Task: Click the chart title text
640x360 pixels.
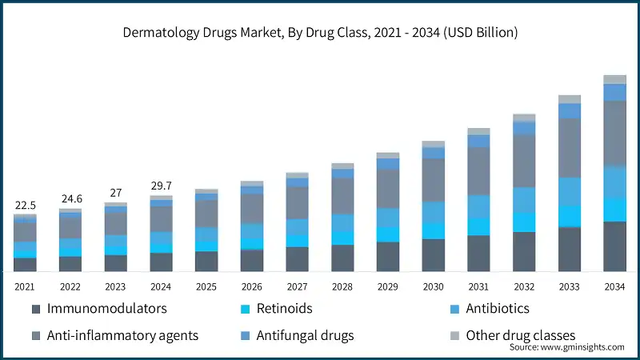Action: pyautogui.click(x=320, y=33)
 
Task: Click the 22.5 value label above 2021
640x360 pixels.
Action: pyautogui.click(x=25, y=206)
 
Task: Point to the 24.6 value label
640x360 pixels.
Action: pyautogui.click(x=70, y=199)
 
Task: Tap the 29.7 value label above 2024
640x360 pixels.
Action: pyautogui.click(x=161, y=186)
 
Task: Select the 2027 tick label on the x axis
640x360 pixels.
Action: pyautogui.click(x=297, y=287)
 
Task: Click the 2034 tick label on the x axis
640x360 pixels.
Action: pyautogui.click(x=614, y=287)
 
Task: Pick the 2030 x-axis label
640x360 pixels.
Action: pyautogui.click(x=433, y=287)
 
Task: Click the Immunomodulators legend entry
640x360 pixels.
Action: pyautogui.click(x=106, y=309)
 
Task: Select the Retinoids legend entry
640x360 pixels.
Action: pyautogui.click(x=283, y=309)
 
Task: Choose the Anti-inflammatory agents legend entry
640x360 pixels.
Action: pyautogui.click(x=122, y=335)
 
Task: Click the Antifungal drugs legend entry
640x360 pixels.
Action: pyautogui.click(x=304, y=335)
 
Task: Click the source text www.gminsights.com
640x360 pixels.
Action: pyautogui.click(x=566, y=347)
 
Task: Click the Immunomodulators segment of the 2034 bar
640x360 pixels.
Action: pyautogui.click(x=614, y=246)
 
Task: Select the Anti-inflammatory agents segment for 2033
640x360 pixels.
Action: pyautogui.click(x=569, y=148)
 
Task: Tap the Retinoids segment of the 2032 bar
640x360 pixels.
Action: pyautogui.click(x=524, y=222)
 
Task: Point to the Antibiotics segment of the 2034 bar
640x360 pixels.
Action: pyautogui.click(x=614, y=182)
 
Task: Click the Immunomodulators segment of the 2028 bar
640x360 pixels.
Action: pyautogui.click(x=342, y=258)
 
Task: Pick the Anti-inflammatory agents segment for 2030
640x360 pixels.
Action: pyautogui.click(x=433, y=180)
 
